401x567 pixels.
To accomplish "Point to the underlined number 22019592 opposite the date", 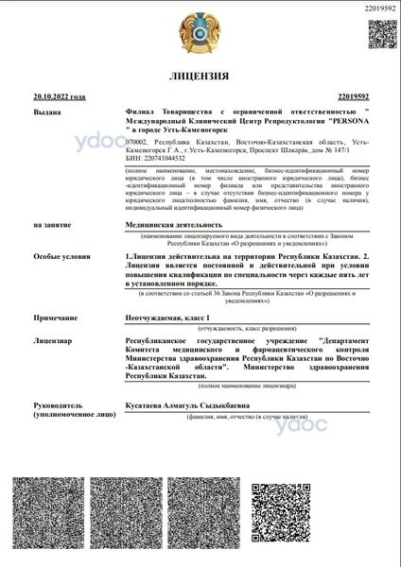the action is point(353,96).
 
